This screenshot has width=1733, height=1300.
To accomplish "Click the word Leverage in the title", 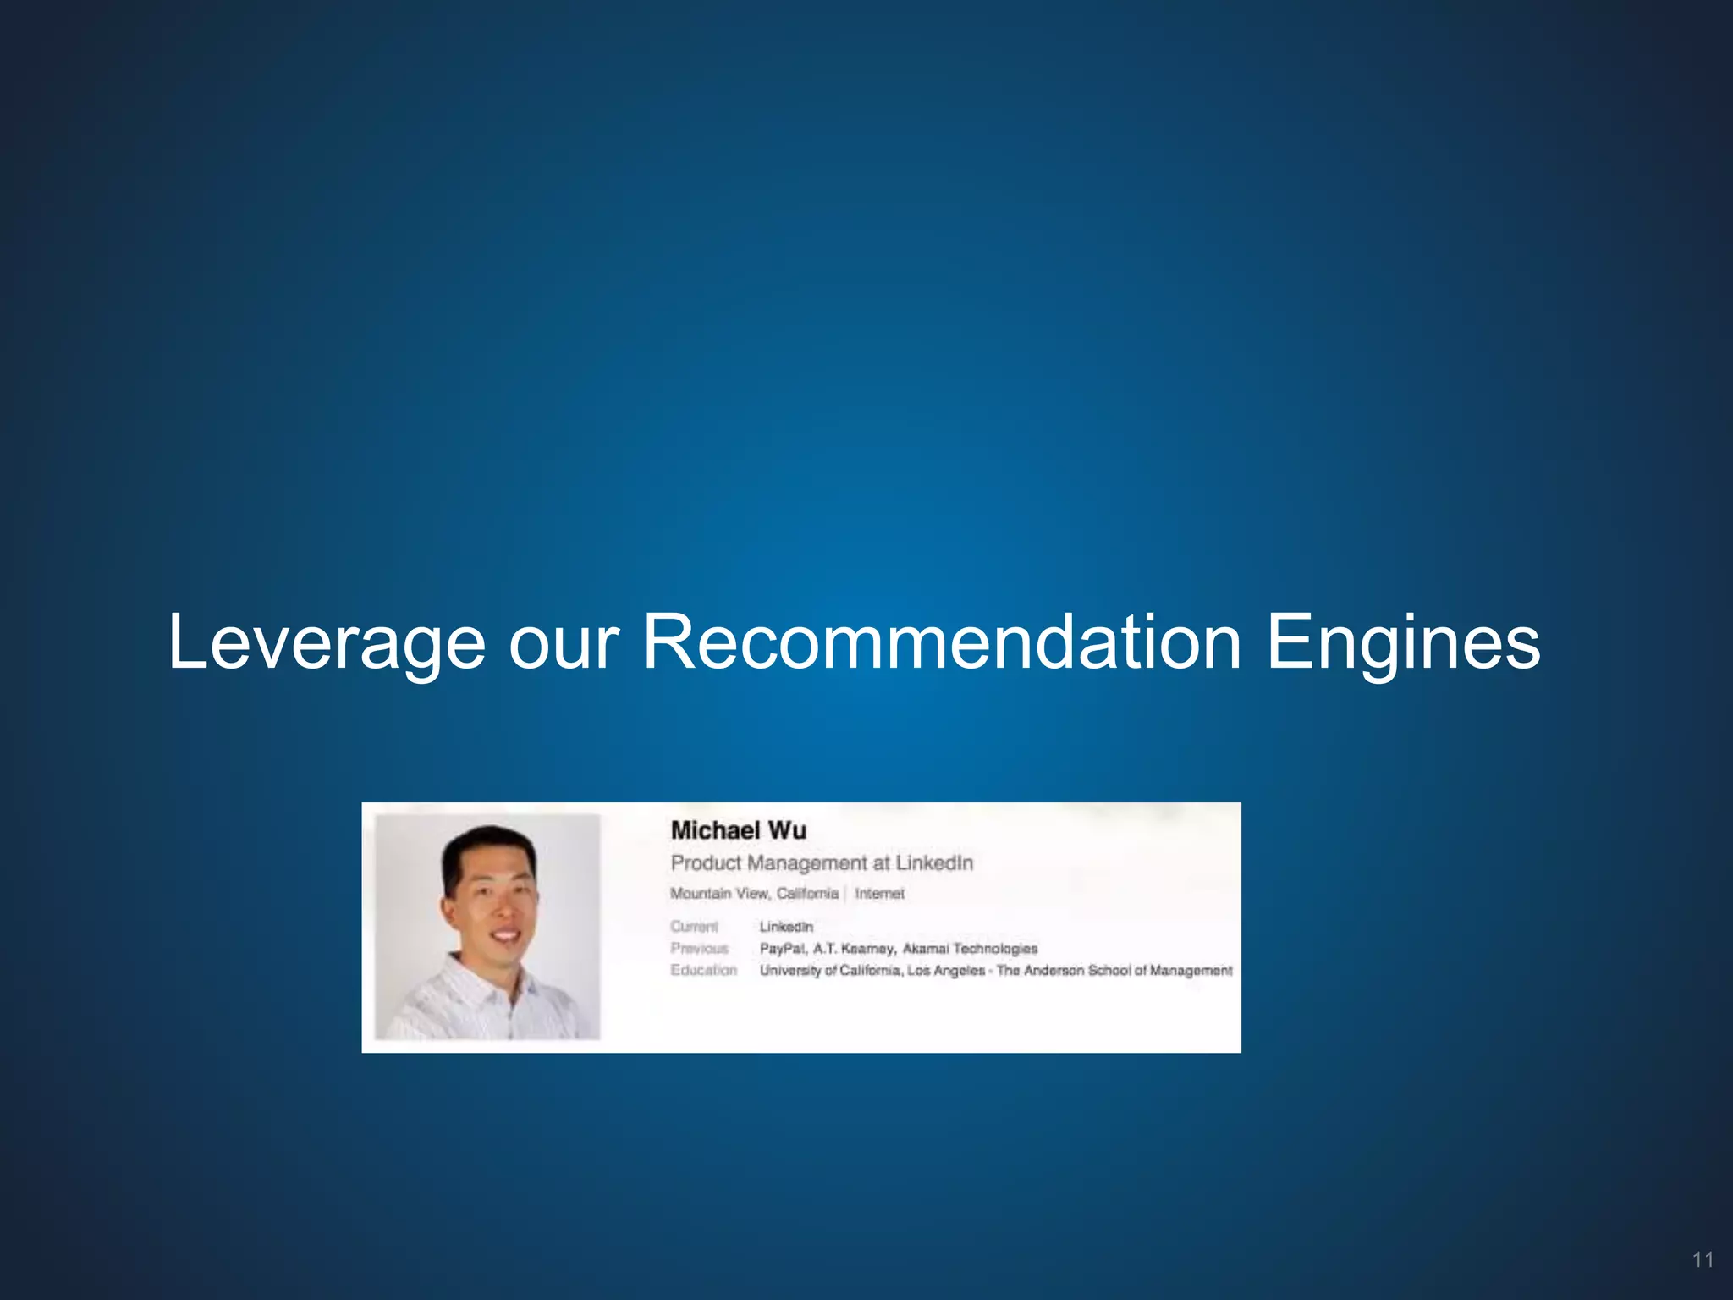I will coord(327,643).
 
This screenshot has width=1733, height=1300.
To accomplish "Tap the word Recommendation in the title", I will coord(942,642).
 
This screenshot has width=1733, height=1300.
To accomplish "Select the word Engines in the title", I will coord(1402,643).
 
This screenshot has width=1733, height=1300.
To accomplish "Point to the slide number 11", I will coord(1703,1260).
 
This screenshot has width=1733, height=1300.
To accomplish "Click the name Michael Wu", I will coord(738,830).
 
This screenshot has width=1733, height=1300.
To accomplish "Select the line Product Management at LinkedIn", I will coord(822,863).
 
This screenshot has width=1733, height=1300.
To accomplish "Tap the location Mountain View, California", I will coord(754,894).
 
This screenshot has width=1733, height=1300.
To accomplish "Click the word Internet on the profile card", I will coord(879,894).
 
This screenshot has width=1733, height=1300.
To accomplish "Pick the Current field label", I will coord(694,927).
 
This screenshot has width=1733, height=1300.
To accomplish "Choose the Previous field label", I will coord(699,949).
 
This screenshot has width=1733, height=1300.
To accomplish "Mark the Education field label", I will coord(703,970).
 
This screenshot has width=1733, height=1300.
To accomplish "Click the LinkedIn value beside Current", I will coord(786,927).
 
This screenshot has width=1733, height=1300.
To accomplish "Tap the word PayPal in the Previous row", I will coord(783,949).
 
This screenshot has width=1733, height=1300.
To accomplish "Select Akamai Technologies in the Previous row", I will coord(970,949).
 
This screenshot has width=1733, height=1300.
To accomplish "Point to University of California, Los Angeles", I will coord(872,971).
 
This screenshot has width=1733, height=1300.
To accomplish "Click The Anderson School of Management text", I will coord(1114,971).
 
